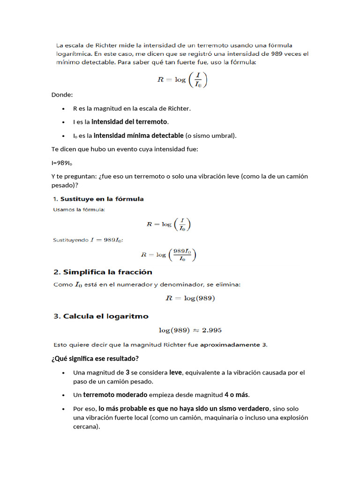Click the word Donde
pos(62,95)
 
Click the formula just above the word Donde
pos(181,79)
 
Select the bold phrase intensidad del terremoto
pos(129,122)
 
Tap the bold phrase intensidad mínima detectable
pos(138,135)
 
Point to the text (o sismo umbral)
pos(211,136)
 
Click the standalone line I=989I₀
pos(62,163)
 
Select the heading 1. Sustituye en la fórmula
pos(98,199)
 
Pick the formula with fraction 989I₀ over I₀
pos(169,255)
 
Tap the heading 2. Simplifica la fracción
pos(103,272)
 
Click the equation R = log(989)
pos(190,298)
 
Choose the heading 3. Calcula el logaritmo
pos(101,316)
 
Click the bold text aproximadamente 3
pos(233,345)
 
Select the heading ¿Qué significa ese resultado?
pos(95,359)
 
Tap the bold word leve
pos(175,373)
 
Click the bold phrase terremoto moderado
pos(115,395)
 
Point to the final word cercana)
pos(87,427)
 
